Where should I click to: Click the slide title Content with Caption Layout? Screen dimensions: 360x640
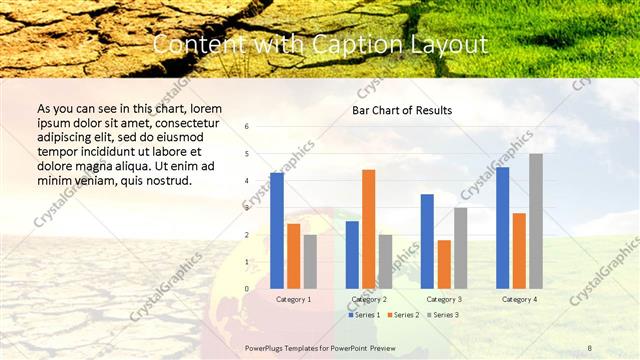tap(320, 45)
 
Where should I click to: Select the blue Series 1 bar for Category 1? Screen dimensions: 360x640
tap(277, 231)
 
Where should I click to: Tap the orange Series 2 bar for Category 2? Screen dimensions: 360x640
tap(368, 229)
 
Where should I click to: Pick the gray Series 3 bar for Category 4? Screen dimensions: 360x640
tap(536, 221)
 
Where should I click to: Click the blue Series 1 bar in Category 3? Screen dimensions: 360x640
tap(427, 241)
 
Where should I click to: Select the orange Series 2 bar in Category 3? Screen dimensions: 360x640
tap(444, 264)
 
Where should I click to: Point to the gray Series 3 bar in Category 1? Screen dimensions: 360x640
tap(310, 261)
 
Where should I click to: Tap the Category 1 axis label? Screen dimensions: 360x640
tap(293, 299)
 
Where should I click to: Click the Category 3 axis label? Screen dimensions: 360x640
tap(443, 299)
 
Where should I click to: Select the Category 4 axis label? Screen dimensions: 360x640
tap(519, 299)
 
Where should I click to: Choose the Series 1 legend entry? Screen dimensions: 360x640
tap(365, 315)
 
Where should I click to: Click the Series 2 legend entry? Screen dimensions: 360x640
tap(403, 315)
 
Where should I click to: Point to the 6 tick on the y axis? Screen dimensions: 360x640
tap(247, 127)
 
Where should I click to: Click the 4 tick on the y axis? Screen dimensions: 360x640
tap(247, 181)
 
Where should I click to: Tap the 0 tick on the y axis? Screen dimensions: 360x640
tap(247, 289)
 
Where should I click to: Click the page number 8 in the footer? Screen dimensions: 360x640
tap(590, 347)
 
